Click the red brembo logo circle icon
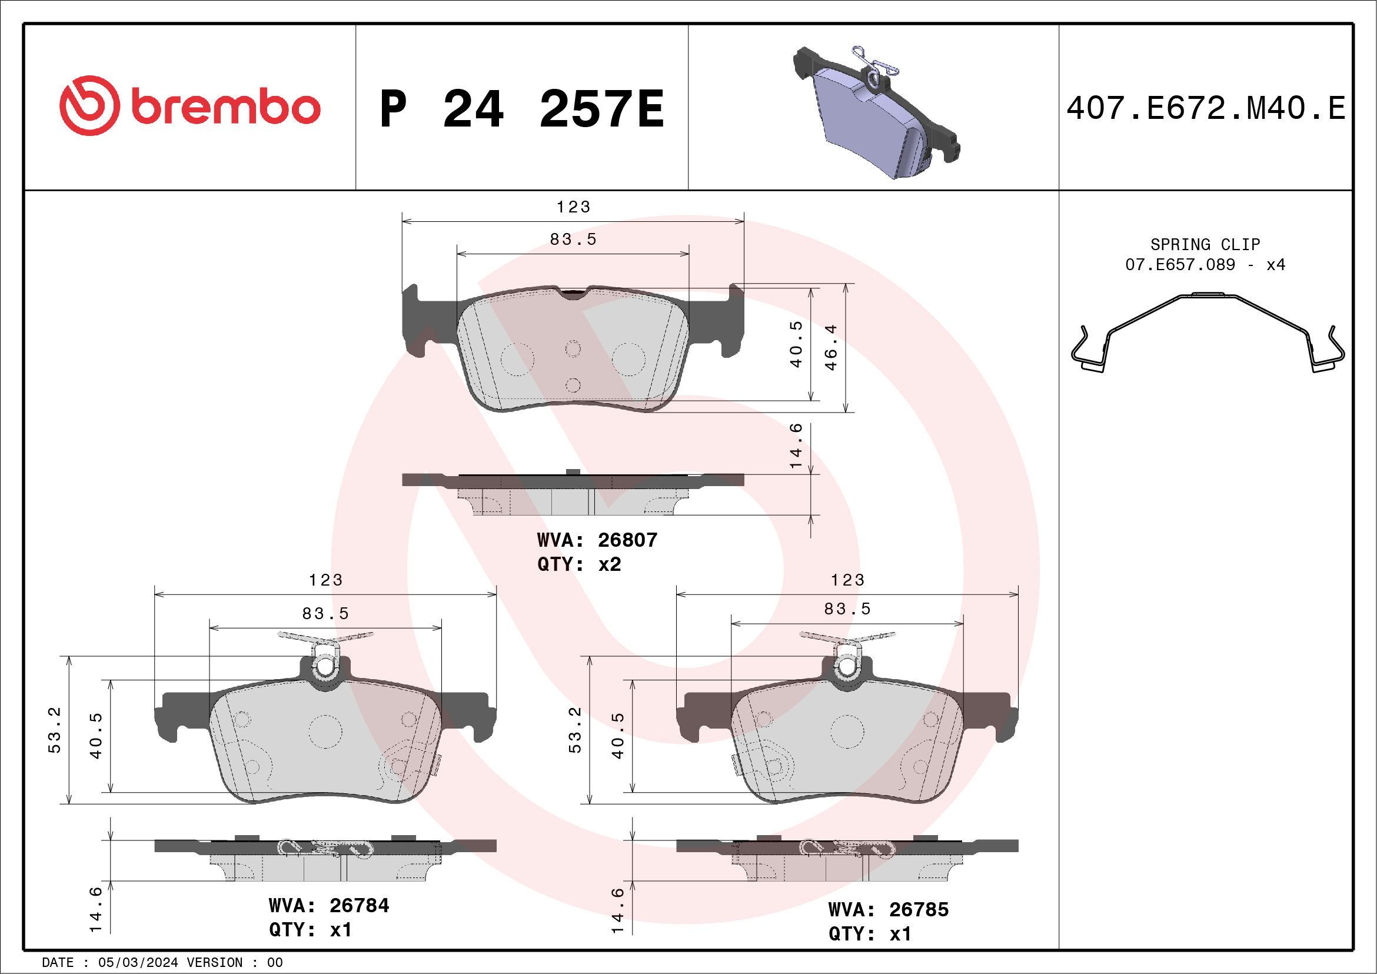(x=89, y=105)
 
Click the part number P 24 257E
(x=522, y=109)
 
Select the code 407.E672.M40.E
(x=1206, y=108)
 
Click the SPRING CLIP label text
(x=1205, y=244)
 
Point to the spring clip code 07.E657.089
(x=1180, y=264)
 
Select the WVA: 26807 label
(x=597, y=540)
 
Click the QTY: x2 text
(x=578, y=564)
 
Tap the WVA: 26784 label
(x=329, y=905)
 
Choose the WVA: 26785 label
(x=888, y=909)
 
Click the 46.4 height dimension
(x=831, y=347)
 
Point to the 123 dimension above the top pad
(x=573, y=207)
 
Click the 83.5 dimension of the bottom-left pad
(x=325, y=614)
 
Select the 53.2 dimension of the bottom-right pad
(x=574, y=730)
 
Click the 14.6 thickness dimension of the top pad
(x=795, y=446)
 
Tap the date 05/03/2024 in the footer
(x=138, y=963)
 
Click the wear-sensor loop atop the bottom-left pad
(x=325, y=665)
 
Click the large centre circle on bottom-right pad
(x=847, y=732)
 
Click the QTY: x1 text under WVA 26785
(x=870, y=934)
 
